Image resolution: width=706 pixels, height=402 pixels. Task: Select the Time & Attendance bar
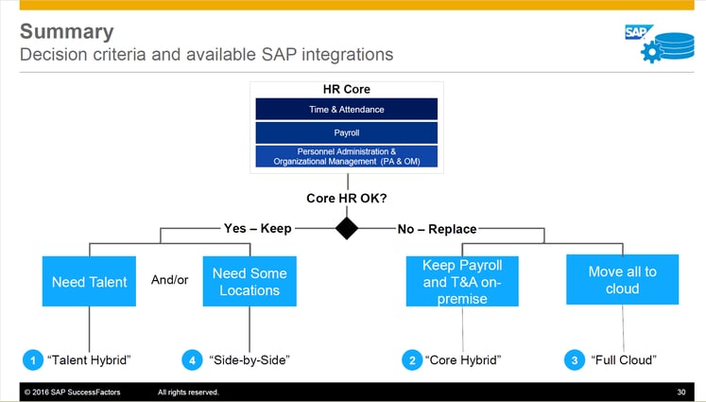tap(346, 109)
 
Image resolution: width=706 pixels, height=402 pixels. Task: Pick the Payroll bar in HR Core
tap(346, 132)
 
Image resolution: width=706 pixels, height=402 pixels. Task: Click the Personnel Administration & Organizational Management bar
tap(346, 156)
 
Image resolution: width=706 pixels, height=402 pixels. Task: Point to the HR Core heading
tap(346, 90)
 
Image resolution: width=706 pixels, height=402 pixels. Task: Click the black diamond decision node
tap(347, 228)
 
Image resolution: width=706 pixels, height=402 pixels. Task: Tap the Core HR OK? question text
tap(347, 198)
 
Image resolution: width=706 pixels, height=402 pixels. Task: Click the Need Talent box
tap(89, 281)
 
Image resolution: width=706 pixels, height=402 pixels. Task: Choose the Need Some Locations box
tap(250, 281)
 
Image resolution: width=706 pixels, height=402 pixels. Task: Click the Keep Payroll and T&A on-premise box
tap(462, 281)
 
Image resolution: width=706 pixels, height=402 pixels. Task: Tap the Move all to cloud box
tap(622, 281)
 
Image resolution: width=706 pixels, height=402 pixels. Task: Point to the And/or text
tap(171, 280)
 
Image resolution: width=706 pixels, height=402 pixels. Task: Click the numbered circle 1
tap(32, 359)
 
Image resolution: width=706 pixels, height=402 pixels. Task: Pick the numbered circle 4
tap(192, 359)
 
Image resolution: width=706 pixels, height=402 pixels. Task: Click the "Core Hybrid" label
tap(463, 359)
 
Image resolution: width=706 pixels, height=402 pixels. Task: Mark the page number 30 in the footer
tap(681, 392)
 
